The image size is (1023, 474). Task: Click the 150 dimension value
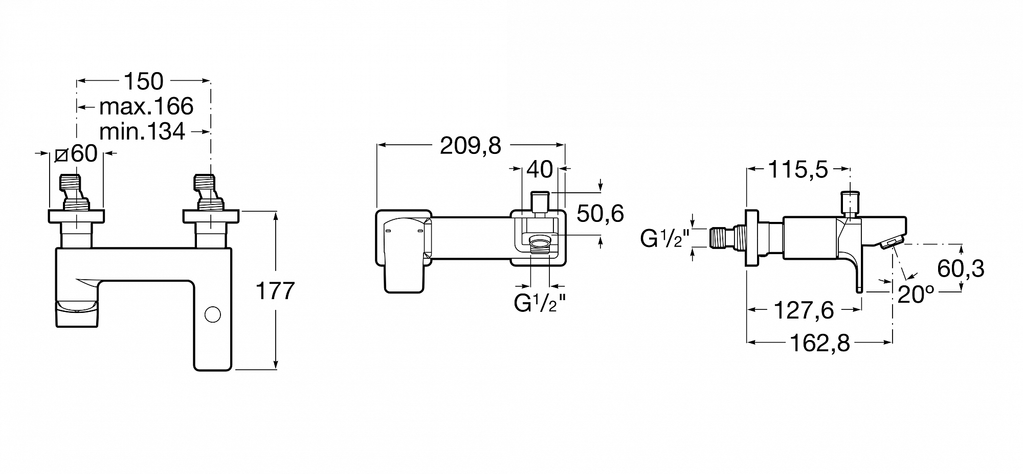tap(144, 81)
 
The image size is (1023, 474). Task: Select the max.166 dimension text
tap(146, 106)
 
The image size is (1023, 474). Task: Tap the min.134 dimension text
tap(142, 132)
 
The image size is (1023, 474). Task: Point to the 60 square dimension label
tap(76, 153)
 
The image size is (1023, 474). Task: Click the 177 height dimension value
tap(275, 291)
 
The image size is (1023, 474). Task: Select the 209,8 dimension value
tap(471, 146)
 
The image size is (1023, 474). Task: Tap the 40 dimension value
tap(539, 170)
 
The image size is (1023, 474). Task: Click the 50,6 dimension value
tap(600, 213)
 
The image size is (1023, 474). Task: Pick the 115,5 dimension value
tap(798, 170)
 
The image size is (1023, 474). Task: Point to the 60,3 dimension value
tap(961, 268)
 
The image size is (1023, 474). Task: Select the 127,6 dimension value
tap(804, 310)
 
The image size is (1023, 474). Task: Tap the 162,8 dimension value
tap(820, 344)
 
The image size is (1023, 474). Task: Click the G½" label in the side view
tap(665, 238)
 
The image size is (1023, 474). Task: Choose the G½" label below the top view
tap(540, 303)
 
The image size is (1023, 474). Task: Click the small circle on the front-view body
tap(213, 314)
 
